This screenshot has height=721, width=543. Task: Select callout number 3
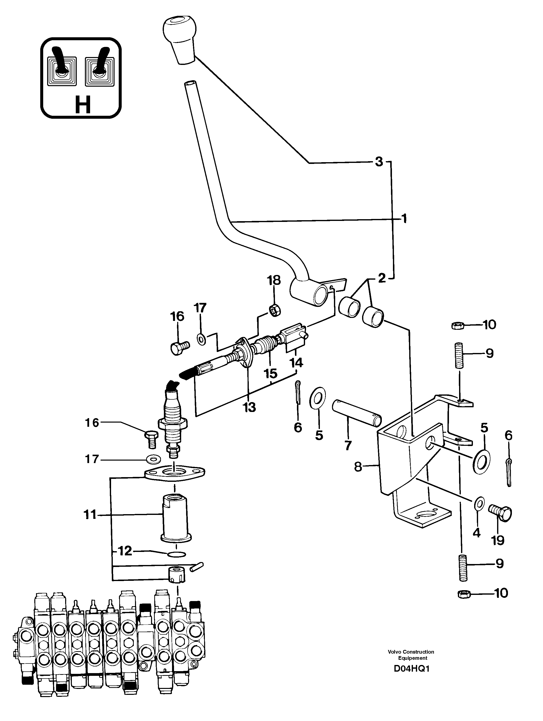(378, 162)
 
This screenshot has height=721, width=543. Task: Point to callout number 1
(404, 219)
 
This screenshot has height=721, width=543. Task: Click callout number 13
(249, 407)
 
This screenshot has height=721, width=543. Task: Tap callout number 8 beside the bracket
(358, 467)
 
